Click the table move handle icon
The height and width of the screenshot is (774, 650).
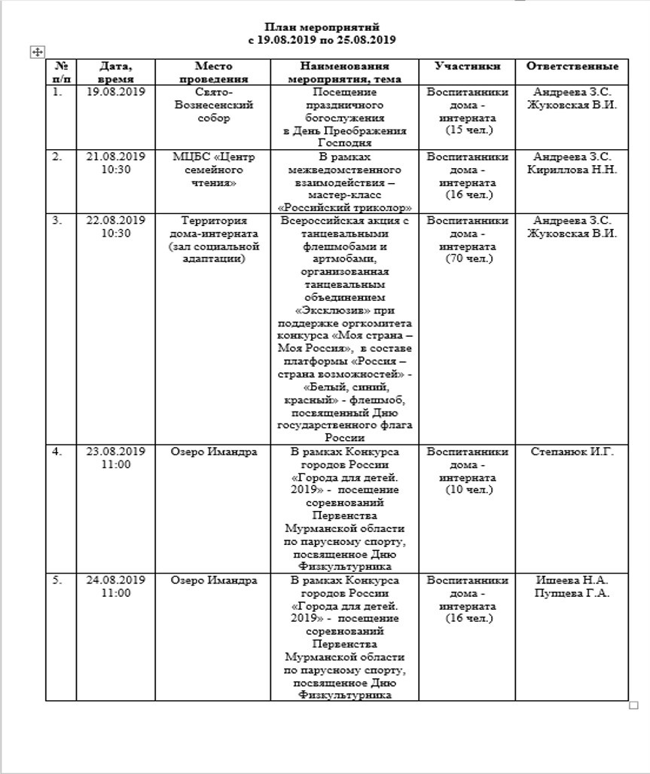pyautogui.click(x=37, y=51)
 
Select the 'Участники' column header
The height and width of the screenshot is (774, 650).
pyautogui.click(x=467, y=66)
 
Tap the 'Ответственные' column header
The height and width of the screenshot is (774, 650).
pyautogui.click(x=572, y=66)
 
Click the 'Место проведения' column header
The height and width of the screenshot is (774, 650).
pyautogui.click(x=213, y=72)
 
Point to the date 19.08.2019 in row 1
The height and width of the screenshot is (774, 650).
pyautogui.click(x=115, y=93)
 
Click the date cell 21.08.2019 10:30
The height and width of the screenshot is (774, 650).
pyautogui.click(x=115, y=163)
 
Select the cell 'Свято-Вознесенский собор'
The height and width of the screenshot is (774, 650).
pyautogui.click(x=213, y=106)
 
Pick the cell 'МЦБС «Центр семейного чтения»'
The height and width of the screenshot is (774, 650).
pyautogui.click(x=213, y=170)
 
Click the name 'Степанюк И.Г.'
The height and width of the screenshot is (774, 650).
pyautogui.click(x=572, y=451)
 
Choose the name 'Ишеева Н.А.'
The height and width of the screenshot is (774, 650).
pyautogui.click(x=572, y=580)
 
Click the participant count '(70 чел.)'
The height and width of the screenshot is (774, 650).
pyautogui.click(x=468, y=259)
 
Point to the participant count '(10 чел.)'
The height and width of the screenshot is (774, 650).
pyautogui.click(x=468, y=490)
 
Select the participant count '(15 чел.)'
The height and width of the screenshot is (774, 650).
pyautogui.click(x=468, y=130)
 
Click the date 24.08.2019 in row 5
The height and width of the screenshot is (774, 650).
pyautogui.click(x=115, y=580)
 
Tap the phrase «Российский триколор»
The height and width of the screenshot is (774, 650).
pyautogui.click(x=345, y=207)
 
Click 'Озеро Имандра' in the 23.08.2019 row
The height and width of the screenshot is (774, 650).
pyautogui.click(x=213, y=451)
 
